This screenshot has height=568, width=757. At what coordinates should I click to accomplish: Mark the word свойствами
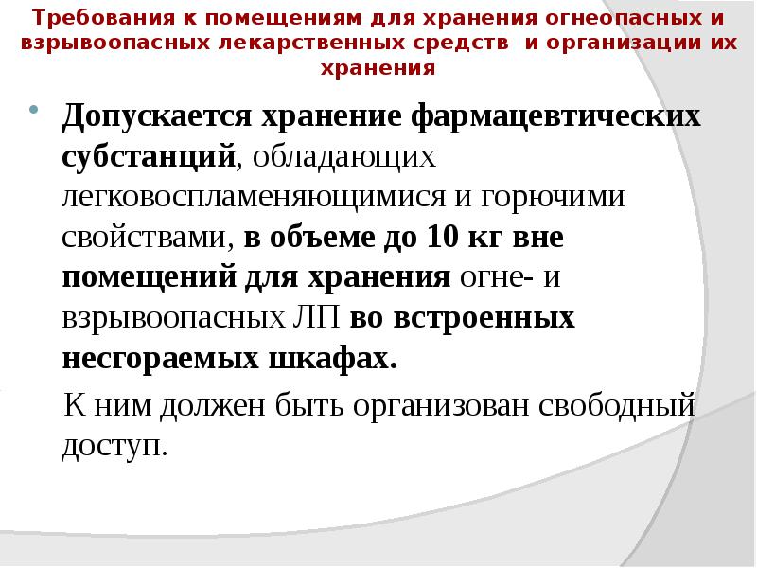pos(146,239)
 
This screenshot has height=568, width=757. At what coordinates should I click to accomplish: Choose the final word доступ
pos(114,446)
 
